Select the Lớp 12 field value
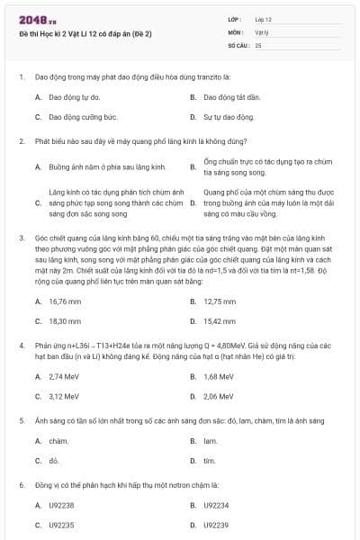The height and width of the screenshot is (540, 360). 264,19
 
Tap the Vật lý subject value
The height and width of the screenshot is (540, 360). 262,31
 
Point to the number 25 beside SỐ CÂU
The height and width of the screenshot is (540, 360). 258,44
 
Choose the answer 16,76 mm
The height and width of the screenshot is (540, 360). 66,301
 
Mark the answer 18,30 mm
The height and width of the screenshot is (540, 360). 66,320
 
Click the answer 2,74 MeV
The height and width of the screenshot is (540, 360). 65,375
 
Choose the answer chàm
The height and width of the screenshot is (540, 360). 58,441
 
